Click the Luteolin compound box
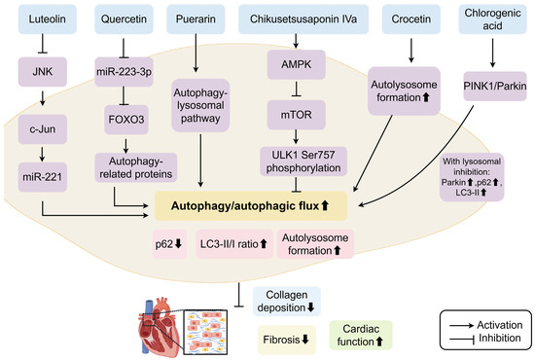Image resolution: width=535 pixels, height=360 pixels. [x=47, y=19]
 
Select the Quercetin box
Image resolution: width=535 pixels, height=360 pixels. [x=124, y=19]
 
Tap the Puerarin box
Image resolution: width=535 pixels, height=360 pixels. [x=196, y=19]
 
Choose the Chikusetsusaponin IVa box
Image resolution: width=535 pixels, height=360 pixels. [x=303, y=19]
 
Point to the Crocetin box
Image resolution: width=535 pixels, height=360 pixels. [x=411, y=19]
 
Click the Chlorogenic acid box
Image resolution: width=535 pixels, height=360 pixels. [x=492, y=19]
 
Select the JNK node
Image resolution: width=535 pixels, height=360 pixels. [x=42, y=72]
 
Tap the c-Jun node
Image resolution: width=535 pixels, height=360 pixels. [x=42, y=129]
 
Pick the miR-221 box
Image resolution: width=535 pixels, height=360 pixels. [x=42, y=177]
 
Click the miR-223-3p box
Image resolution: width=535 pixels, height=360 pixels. [x=124, y=72]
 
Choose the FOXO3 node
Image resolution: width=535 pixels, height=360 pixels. [x=126, y=120]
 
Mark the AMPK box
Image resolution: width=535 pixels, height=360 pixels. [x=296, y=64]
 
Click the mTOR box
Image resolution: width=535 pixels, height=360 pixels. [x=296, y=115]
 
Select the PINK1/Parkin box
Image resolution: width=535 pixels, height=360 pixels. [x=495, y=86]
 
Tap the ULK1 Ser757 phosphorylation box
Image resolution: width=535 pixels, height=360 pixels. [x=303, y=162]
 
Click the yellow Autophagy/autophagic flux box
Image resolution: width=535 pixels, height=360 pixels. [x=251, y=205]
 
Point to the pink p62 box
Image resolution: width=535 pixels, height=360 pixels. [x=169, y=244]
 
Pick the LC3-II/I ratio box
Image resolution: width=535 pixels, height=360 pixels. [x=234, y=244]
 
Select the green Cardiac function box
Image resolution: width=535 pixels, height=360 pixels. [x=361, y=335]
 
